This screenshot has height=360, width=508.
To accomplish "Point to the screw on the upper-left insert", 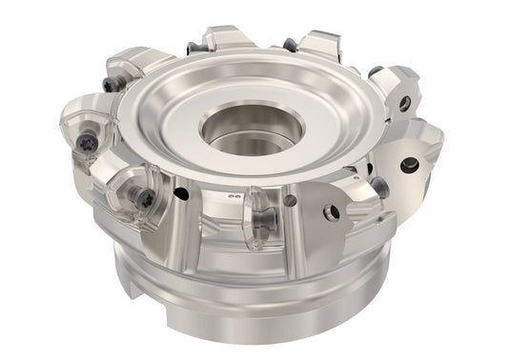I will point(112,84).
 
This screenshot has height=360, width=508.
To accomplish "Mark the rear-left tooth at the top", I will point(229,38).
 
